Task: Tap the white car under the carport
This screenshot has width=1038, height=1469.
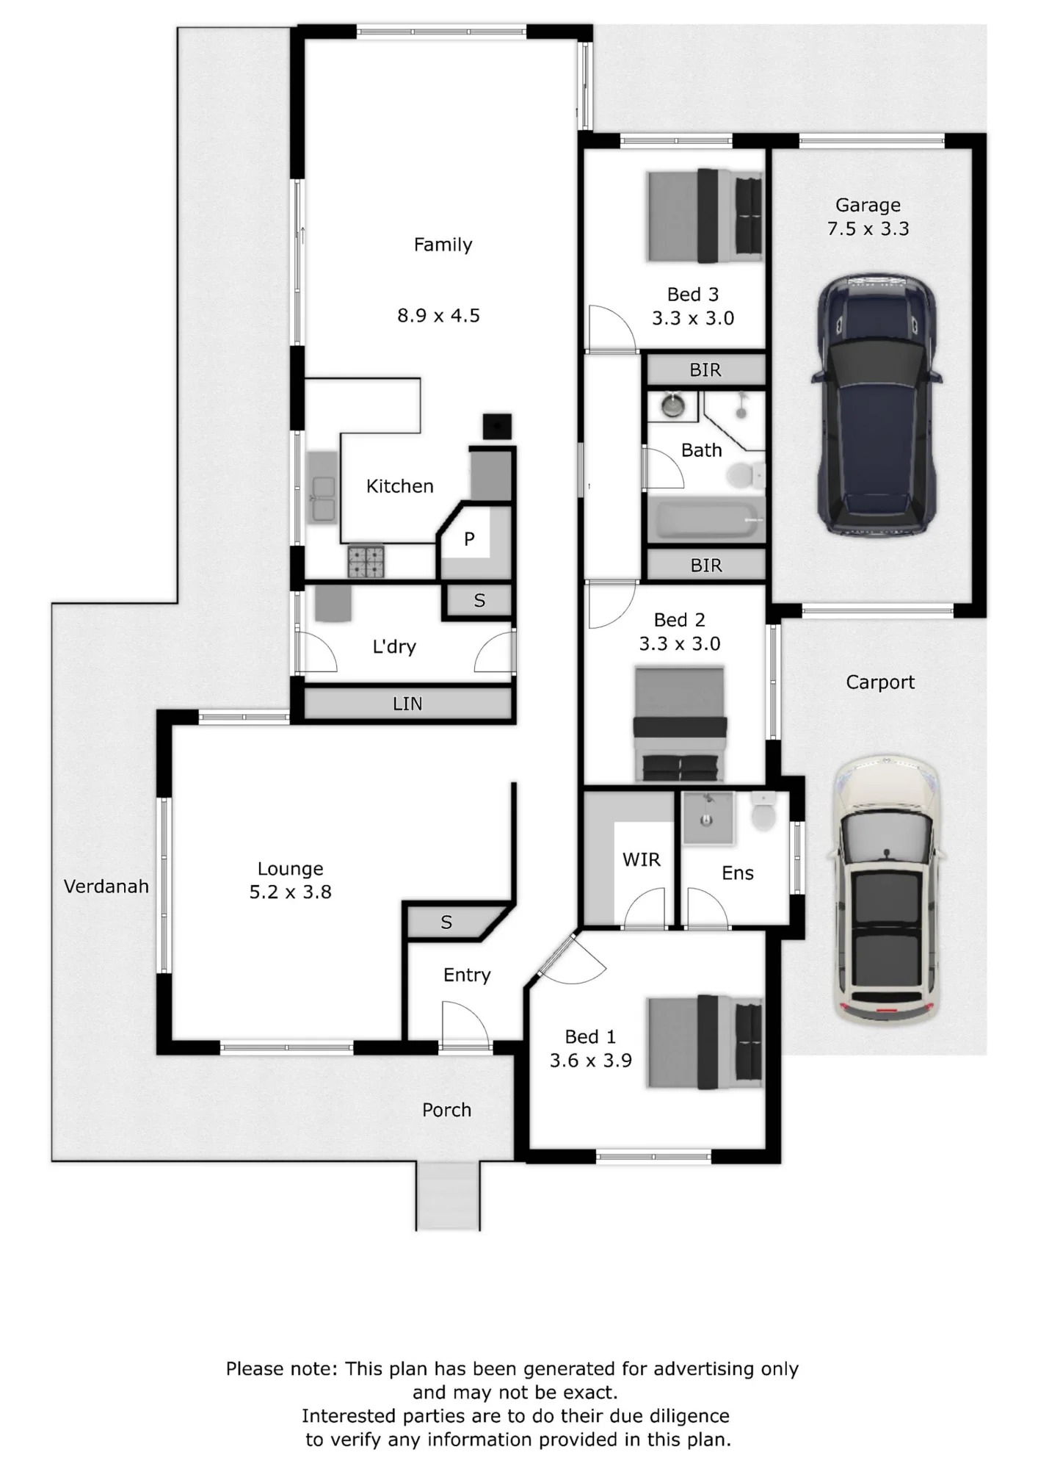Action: pos(888,889)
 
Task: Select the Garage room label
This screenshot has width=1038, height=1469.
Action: pos(868,205)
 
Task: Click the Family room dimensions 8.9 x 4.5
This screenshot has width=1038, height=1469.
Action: pos(438,316)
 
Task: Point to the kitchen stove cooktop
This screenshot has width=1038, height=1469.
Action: pos(366,561)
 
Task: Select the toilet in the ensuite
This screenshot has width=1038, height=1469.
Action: pos(764,812)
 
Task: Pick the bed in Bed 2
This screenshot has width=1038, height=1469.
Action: pos(680,724)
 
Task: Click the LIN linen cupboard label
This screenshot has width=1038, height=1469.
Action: pos(407,704)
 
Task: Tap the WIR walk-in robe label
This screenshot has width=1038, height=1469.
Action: pos(641,859)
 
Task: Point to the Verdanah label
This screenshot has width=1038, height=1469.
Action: pos(106,887)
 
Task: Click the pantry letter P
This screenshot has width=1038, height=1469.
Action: pos(469,539)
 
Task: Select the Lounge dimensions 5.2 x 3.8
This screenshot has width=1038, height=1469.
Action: pos(291,892)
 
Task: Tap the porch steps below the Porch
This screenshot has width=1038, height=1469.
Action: pos(448,1195)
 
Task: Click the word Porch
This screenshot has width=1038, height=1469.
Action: pos(446,1110)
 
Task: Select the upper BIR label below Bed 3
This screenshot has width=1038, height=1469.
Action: pos(705,370)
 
